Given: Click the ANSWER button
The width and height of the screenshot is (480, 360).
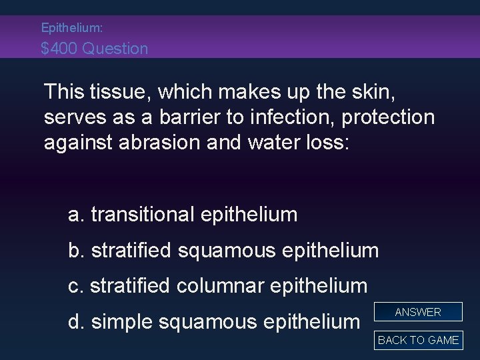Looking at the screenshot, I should coord(418,312).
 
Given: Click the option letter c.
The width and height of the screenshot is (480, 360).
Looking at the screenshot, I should coord(75,287).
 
